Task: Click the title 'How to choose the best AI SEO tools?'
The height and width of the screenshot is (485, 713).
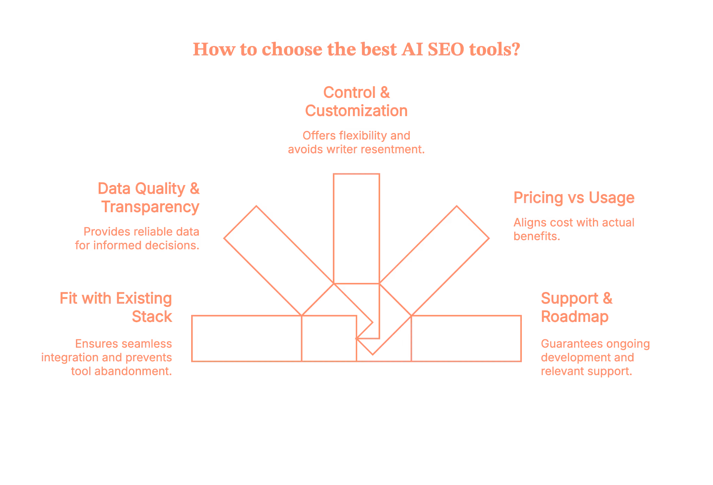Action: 356,50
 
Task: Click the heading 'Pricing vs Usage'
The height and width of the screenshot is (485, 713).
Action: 573,198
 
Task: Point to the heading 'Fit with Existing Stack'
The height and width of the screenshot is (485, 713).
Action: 116,307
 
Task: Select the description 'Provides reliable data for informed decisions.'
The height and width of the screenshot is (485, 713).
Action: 138,239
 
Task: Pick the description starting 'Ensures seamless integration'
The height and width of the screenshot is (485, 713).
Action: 107,357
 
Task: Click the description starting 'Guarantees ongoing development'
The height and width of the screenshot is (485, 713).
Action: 595,357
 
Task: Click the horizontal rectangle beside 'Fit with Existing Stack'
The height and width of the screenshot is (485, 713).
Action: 247,338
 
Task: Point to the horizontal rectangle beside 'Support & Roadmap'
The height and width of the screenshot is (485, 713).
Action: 467,338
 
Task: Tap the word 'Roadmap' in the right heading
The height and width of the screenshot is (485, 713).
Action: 575,317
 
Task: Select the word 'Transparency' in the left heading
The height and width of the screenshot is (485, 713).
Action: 150,207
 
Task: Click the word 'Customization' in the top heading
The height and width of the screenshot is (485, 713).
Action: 356,111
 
